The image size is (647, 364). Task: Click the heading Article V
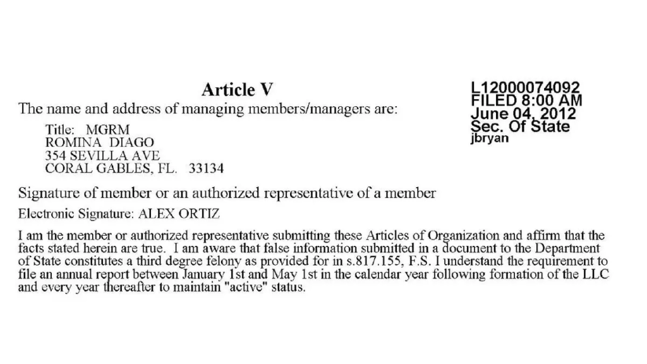237,90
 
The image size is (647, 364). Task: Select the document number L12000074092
525,88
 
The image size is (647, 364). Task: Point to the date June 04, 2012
523,114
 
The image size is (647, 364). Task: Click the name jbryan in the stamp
489,139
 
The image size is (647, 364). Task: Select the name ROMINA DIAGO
99,142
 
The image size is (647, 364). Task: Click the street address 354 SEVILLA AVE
102,155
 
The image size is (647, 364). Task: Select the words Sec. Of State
520,126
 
